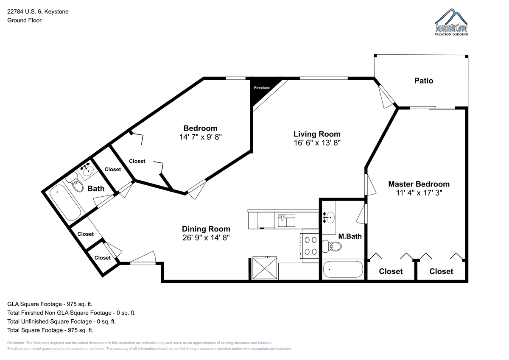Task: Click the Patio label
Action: [x=424, y=81]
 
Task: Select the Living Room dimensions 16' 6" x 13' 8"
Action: [x=317, y=142]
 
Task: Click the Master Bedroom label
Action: [x=419, y=184]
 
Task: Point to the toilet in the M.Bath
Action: [x=332, y=246]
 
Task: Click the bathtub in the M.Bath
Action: [x=343, y=269]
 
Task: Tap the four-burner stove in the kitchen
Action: [x=310, y=246]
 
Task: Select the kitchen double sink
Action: [x=286, y=220]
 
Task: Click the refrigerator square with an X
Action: [x=265, y=268]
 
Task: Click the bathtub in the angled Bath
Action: [x=65, y=203]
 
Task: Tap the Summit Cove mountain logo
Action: [x=451, y=22]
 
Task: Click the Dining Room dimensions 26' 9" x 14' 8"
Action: [x=206, y=237]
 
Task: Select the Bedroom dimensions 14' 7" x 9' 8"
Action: [x=200, y=137]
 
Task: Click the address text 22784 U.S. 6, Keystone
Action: [x=38, y=11]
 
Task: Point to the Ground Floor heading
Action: [x=24, y=20]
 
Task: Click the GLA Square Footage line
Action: [x=50, y=304]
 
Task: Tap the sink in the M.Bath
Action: [x=329, y=218]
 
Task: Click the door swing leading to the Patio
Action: [x=386, y=98]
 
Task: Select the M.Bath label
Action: [x=350, y=236]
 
